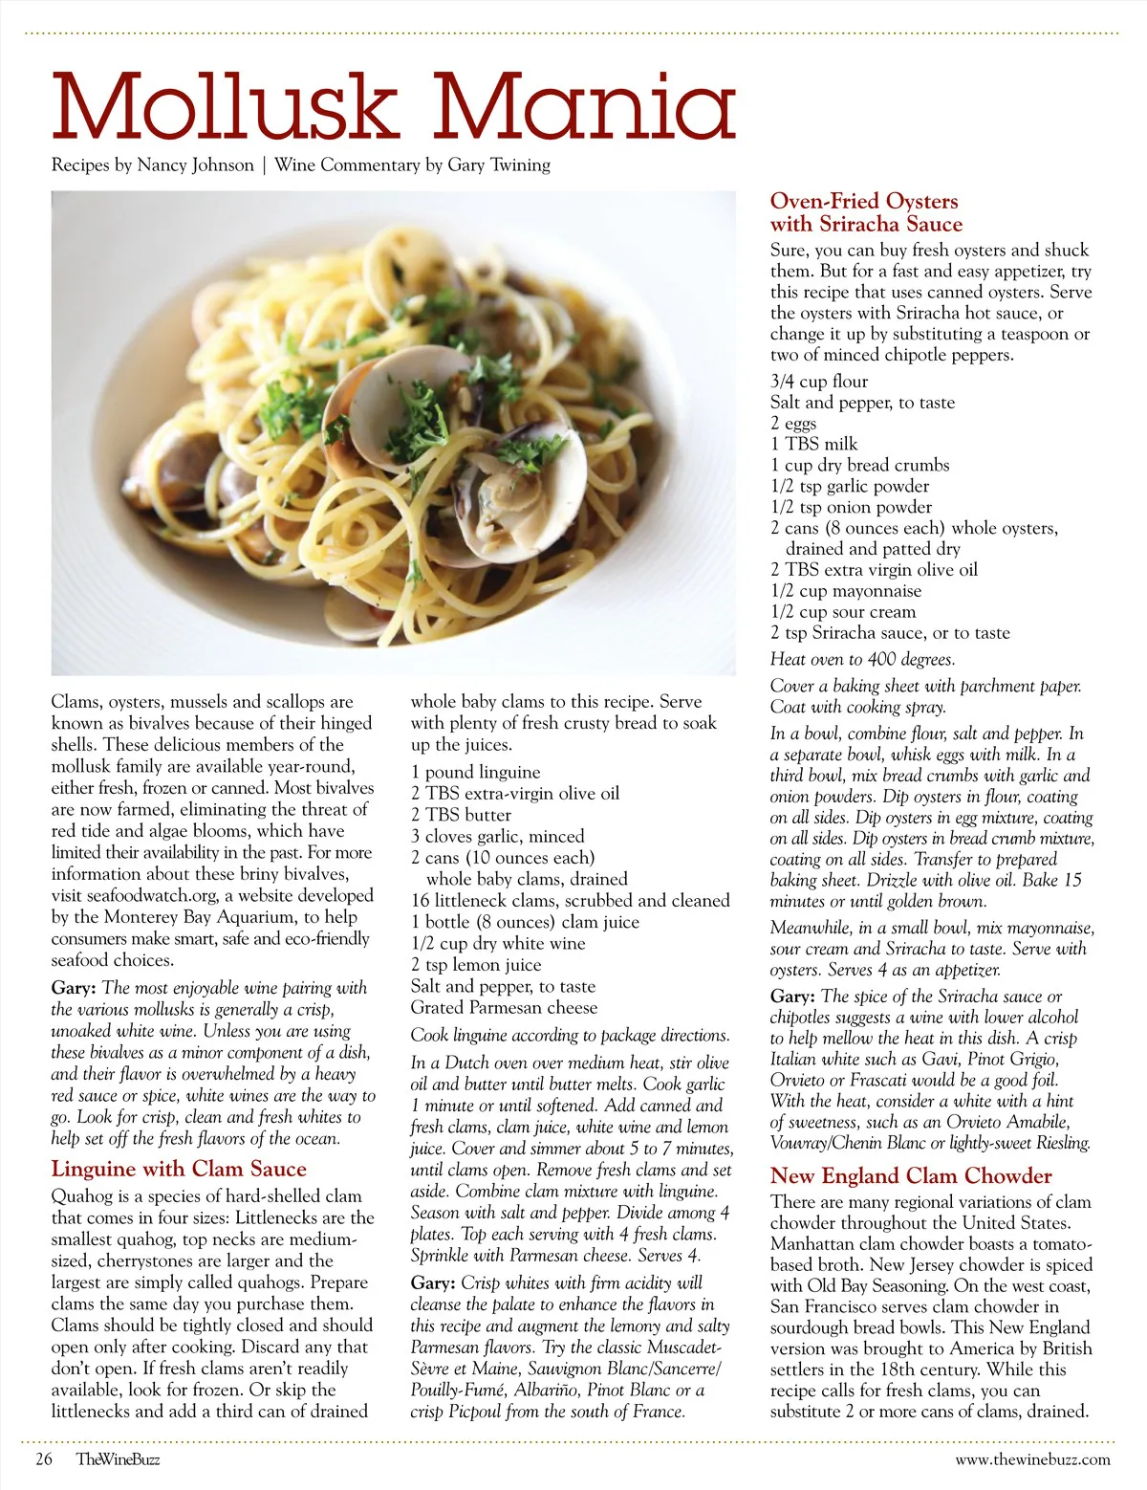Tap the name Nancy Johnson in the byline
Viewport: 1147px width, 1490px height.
(195, 164)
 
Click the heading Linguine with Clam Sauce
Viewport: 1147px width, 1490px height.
(179, 1169)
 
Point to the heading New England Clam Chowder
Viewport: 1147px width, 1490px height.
(911, 1175)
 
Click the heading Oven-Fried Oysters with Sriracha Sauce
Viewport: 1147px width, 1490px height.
(865, 212)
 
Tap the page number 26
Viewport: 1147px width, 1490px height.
(44, 1459)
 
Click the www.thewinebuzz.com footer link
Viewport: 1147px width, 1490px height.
(1032, 1459)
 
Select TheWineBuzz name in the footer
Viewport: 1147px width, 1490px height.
(119, 1459)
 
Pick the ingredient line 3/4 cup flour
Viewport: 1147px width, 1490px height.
(819, 382)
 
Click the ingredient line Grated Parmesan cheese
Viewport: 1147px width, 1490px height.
(504, 1007)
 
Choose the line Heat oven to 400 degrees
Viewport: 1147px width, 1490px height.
(862, 659)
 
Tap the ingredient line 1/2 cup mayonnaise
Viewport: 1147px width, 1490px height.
(846, 591)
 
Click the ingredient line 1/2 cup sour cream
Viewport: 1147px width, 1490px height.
(843, 612)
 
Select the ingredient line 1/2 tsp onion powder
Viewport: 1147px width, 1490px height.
(851, 507)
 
